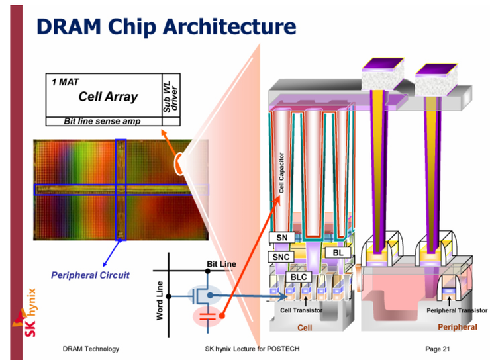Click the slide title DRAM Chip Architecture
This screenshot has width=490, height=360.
click(x=166, y=27)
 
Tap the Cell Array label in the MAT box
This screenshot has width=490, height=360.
click(x=108, y=97)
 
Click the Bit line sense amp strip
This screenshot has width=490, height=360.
click(x=102, y=121)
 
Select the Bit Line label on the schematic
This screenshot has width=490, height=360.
click(x=220, y=264)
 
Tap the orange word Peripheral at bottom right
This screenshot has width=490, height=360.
click(x=457, y=328)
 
